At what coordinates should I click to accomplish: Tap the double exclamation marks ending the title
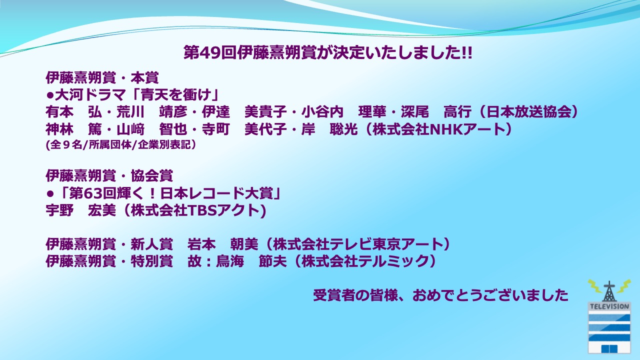(x=467, y=52)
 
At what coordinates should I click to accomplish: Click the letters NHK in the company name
(x=446, y=129)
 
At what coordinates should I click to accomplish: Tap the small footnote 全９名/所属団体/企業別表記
(x=120, y=145)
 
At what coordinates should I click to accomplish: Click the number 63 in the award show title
(x=93, y=193)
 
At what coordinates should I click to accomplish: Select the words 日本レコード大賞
(x=217, y=193)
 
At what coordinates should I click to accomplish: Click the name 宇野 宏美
(x=81, y=210)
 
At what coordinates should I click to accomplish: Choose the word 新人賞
(x=151, y=244)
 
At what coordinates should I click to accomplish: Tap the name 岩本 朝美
(x=223, y=244)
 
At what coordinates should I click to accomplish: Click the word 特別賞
(x=151, y=261)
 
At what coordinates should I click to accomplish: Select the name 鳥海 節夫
(x=251, y=261)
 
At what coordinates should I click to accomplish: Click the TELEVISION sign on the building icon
(x=609, y=306)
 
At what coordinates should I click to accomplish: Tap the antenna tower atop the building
(x=609, y=291)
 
